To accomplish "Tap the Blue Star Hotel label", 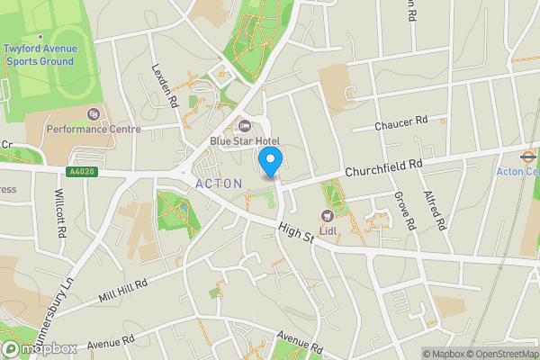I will tap(245, 141).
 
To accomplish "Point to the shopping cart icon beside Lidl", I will tap(328, 215).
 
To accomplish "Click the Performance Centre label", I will tap(94, 129).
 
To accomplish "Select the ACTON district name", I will tap(219, 184).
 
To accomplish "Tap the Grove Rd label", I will tap(403, 210).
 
